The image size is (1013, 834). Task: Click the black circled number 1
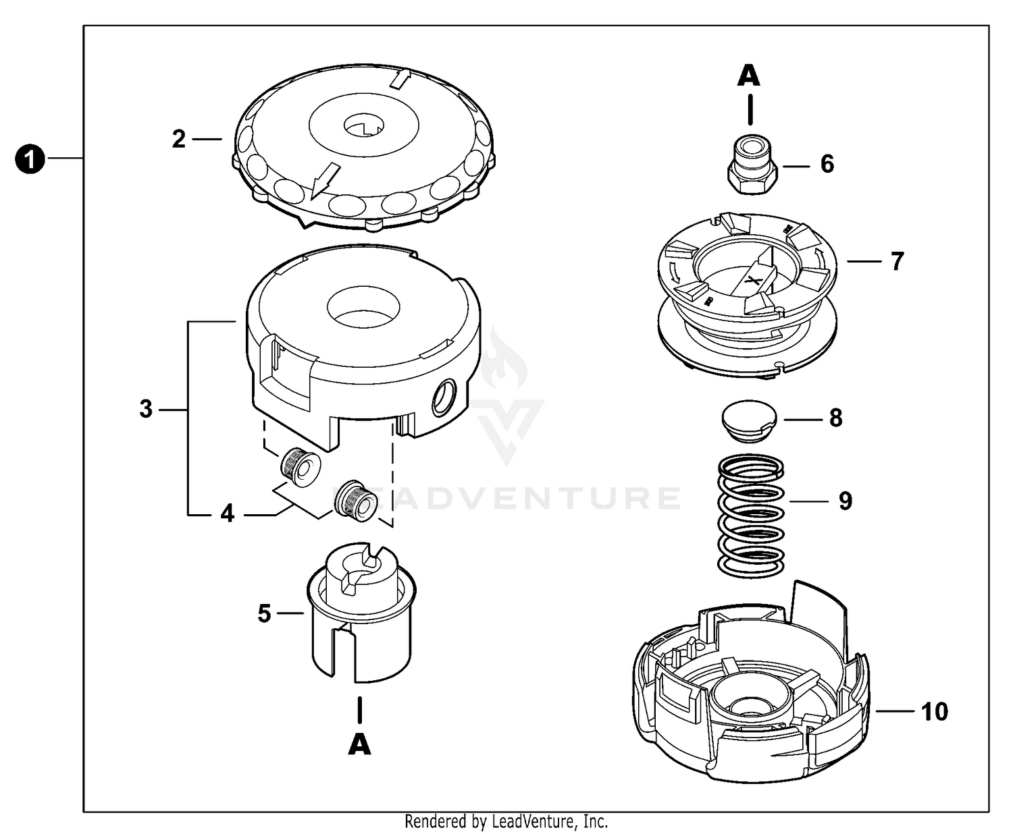click(29, 161)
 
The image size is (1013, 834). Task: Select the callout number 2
click(178, 139)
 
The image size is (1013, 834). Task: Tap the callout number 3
click(146, 409)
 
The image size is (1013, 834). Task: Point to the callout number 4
click(228, 514)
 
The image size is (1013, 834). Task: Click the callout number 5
click(264, 613)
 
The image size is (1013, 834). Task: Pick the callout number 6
click(827, 164)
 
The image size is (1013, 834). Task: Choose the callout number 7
click(897, 261)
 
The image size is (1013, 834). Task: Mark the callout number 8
click(835, 418)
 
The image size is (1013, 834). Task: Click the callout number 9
click(846, 501)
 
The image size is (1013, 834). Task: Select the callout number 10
click(935, 711)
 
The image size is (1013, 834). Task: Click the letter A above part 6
click(748, 76)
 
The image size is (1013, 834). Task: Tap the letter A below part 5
click(359, 744)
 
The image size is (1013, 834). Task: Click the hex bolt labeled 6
click(751, 165)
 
